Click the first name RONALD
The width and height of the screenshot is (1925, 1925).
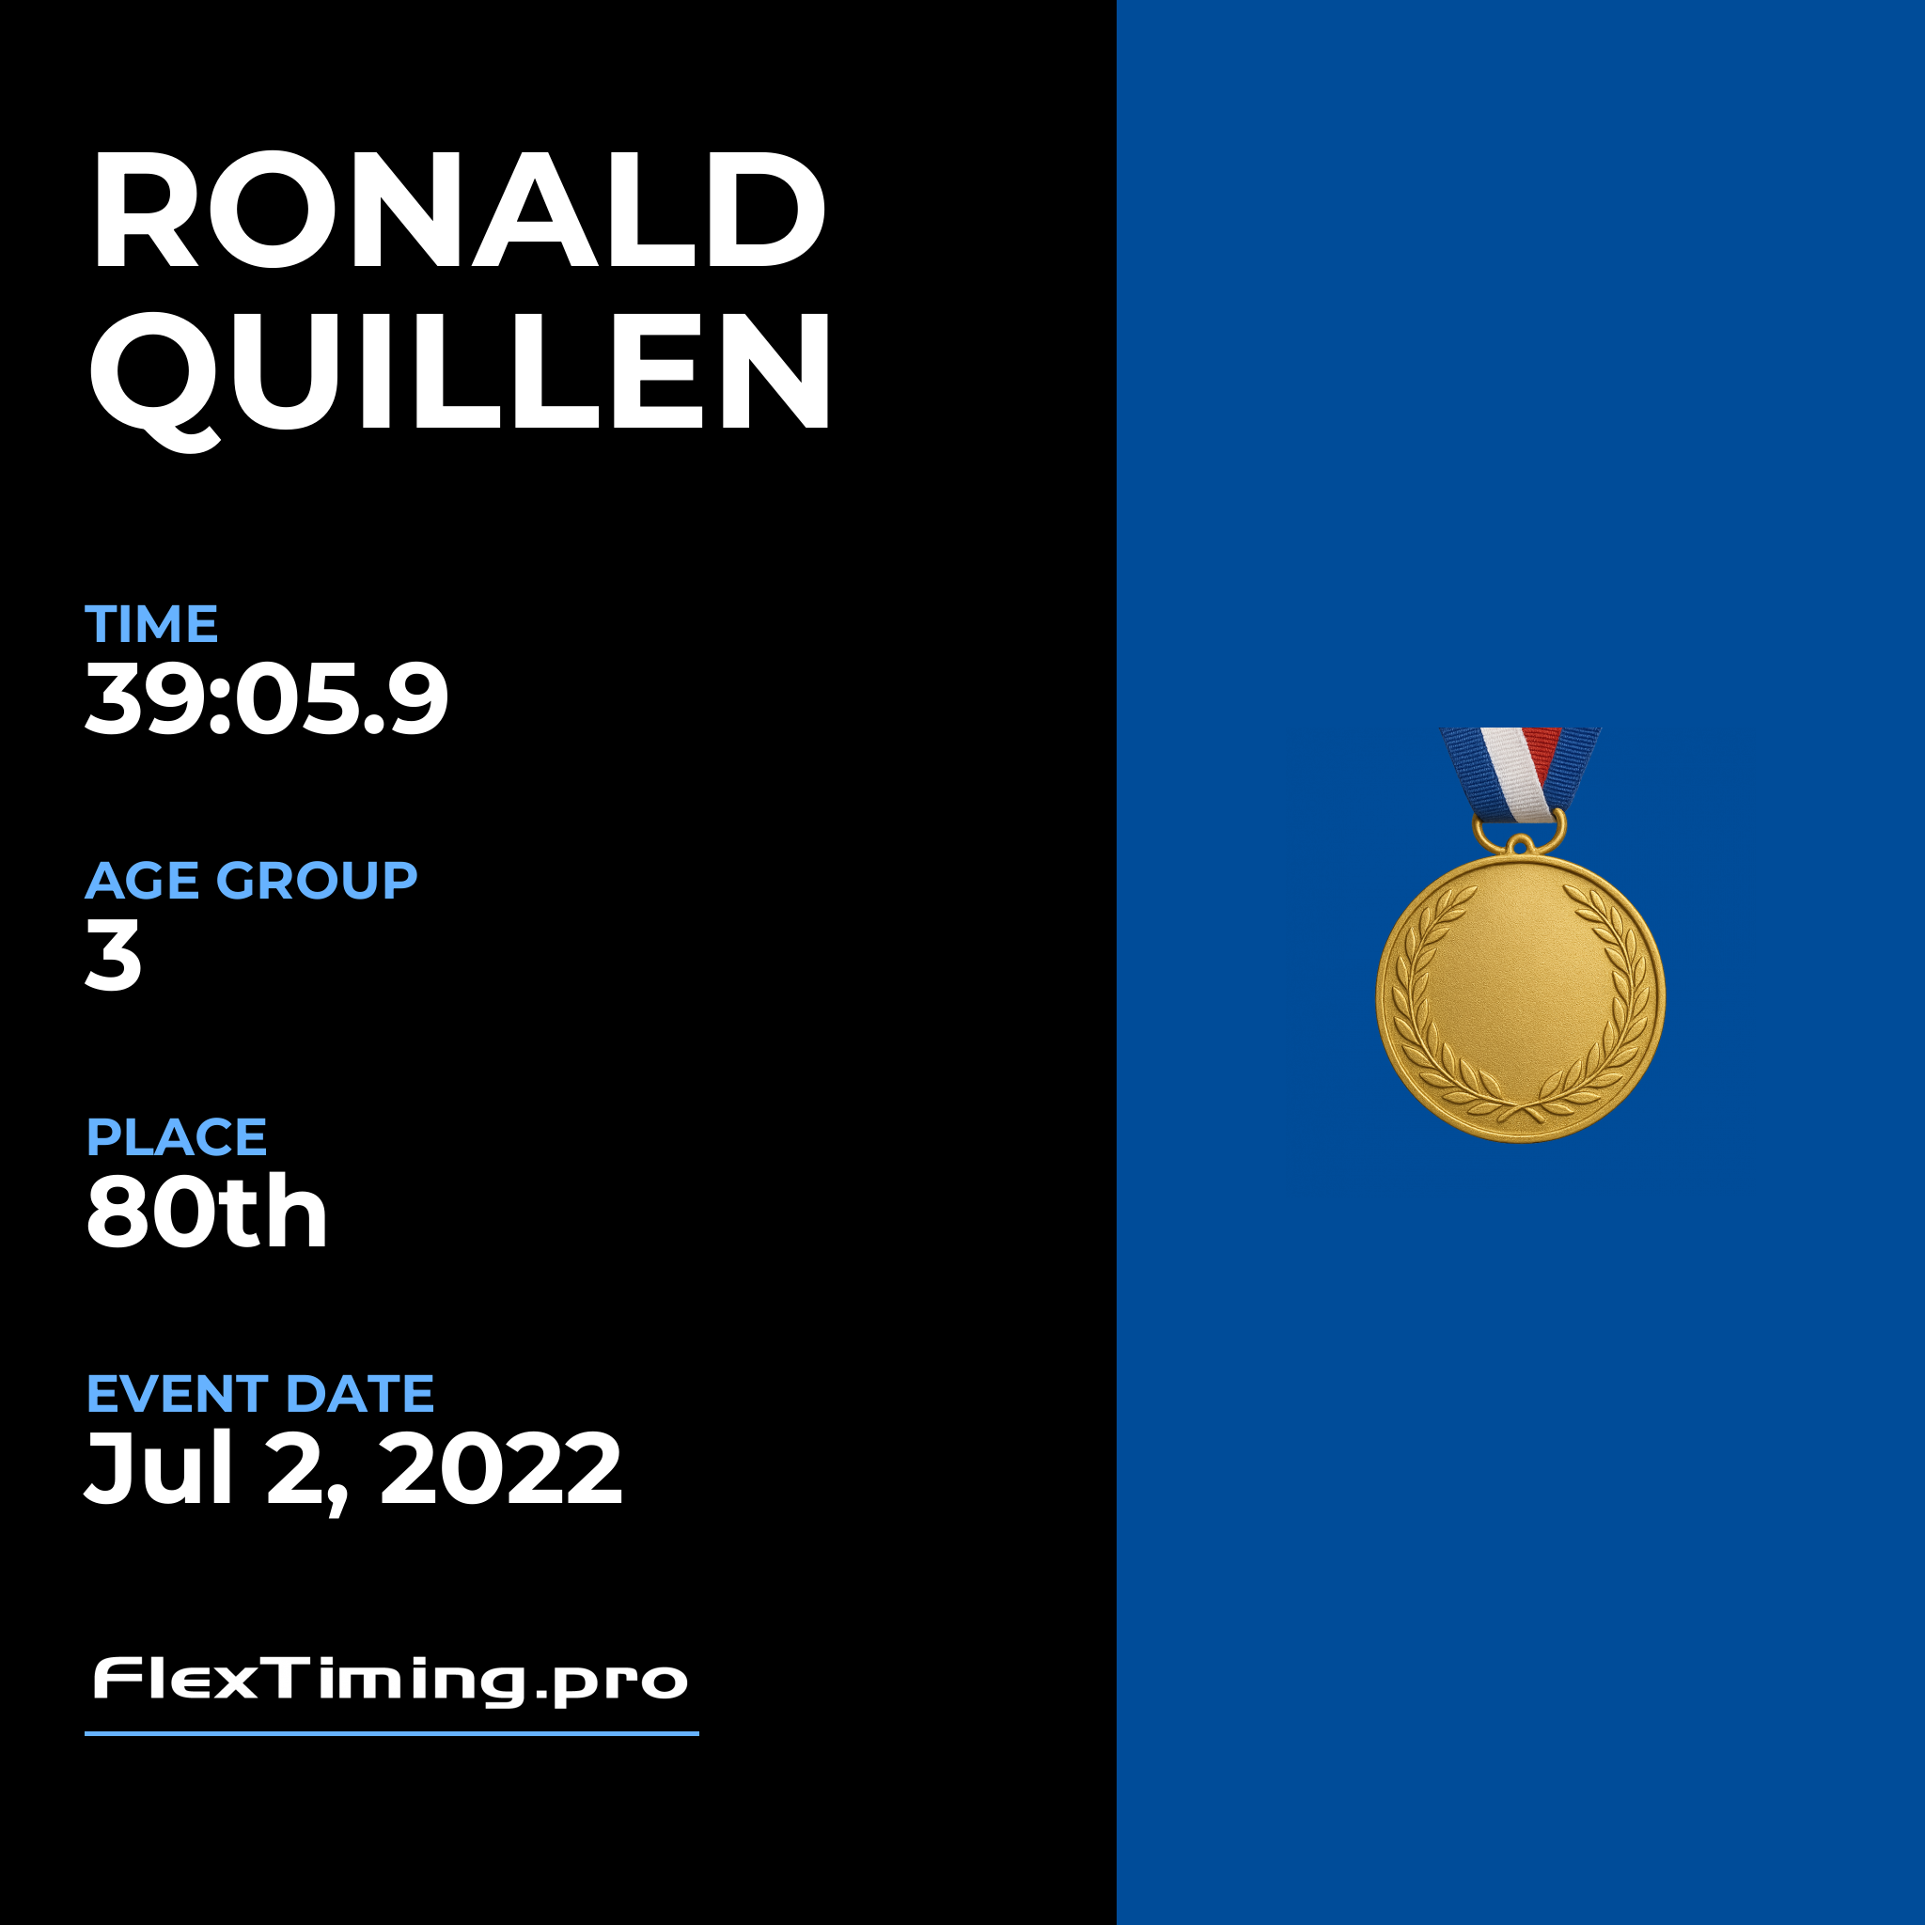click(459, 210)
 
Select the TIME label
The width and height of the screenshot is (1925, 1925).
click(151, 625)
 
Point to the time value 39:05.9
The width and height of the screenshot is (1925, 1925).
click(267, 698)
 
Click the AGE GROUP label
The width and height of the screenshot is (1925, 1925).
click(251, 881)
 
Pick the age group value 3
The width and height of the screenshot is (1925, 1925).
click(114, 955)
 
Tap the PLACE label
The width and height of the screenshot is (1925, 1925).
click(177, 1137)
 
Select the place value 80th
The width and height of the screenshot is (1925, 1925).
click(207, 1211)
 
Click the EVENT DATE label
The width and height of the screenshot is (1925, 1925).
click(260, 1394)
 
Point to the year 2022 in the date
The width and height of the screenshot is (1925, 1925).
click(501, 1469)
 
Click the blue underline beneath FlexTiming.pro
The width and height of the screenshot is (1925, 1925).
click(392, 1733)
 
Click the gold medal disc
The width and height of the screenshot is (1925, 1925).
click(1521, 997)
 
